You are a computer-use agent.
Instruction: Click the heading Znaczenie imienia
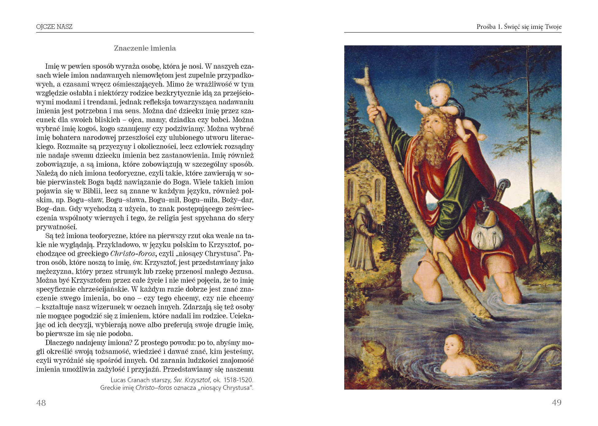[x=145, y=48]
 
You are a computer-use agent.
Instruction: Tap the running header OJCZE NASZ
[x=54, y=27]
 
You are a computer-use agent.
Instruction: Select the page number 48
[x=41, y=403]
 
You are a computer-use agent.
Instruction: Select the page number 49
[x=557, y=403]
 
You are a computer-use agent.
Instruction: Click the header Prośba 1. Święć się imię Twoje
[x=519, y=27]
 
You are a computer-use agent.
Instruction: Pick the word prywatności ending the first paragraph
[x=56, y=227]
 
